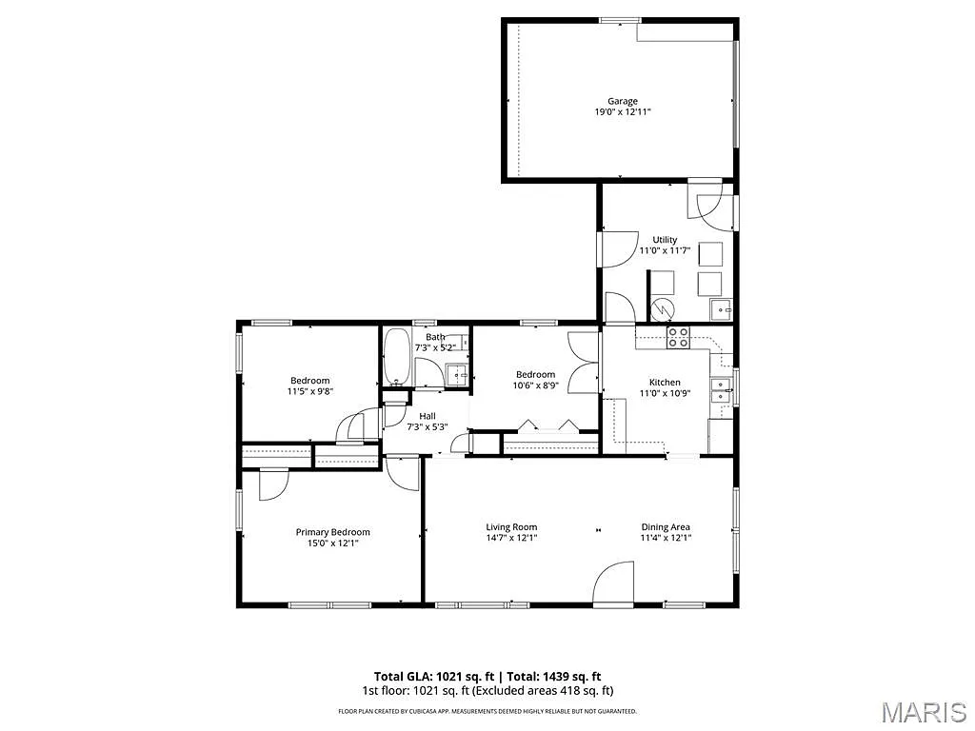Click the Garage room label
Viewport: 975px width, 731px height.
click(623, 101)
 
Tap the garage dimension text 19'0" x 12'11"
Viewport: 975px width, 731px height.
click(623, 112)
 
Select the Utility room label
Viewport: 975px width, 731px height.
click(665, 239)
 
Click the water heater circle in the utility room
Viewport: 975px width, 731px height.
click(663, 309)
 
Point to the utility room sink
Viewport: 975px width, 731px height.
click(721, 309)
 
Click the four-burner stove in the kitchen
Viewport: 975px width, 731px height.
click(679, 337)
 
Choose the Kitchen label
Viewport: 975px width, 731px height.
click(665, 382)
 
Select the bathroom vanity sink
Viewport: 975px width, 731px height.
click(458, 375)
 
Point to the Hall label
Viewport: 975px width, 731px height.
click(427, 416)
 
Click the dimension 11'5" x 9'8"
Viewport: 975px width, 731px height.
click(310, 391)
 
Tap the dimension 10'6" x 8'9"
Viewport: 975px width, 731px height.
click(535, 385)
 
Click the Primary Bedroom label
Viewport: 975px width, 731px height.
click(332, 532)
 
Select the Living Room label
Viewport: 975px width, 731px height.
click(511, 526)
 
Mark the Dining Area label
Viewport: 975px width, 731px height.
click(666, 526)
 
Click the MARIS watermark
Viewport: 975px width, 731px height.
click(924, 712)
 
